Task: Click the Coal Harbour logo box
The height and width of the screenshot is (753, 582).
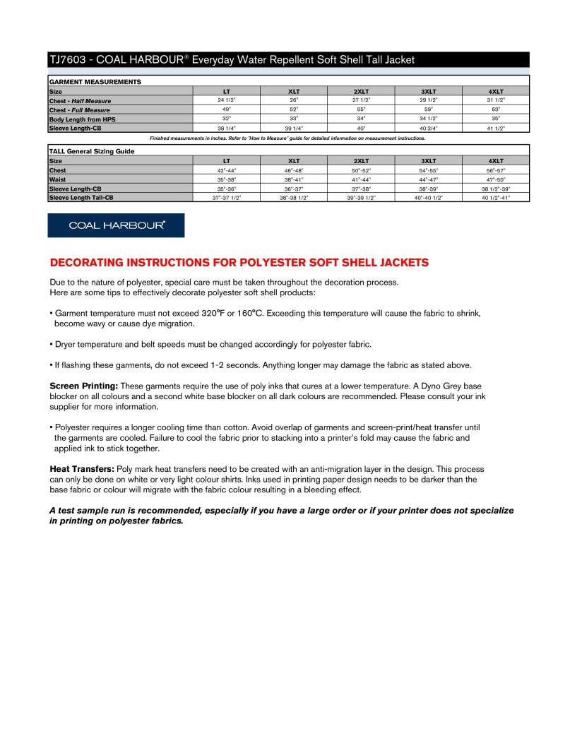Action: point(116,225)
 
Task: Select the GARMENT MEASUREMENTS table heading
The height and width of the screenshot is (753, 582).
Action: point(95,82)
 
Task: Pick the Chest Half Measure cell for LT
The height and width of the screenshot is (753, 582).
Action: point(226,100)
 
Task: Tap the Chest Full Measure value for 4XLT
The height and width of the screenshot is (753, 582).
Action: point(496,109)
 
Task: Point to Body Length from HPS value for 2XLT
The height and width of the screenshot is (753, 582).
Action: point(361,119)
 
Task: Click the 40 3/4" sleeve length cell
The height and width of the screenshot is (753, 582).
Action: point(429,128)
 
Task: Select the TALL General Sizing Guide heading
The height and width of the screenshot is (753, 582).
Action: point(92,151)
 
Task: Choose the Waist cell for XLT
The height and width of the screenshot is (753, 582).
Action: point(294,179)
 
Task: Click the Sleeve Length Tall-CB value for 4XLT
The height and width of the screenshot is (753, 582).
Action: point(496,198)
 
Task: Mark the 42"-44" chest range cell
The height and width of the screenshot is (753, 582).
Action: point(226,170)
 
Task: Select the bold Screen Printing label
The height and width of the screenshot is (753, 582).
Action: point(83,386)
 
